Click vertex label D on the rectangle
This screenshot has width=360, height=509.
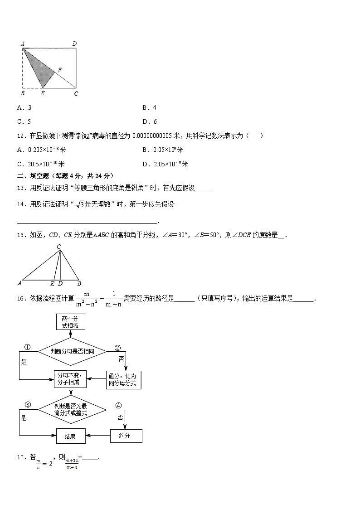tap(75, 44)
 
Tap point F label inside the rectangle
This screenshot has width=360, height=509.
tap(60, 70)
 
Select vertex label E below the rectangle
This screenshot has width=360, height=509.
tap(43, 93)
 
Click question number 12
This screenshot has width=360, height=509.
tap(21, 136)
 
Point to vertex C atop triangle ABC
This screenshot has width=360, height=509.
tap(59, 247)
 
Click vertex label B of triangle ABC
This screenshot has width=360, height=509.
tap(79, 284)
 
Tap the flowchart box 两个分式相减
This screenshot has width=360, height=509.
tap(70, 322)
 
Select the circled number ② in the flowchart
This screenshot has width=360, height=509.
tap(117, 348)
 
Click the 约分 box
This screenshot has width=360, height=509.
tap(126, 436)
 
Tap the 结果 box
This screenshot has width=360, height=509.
tap(70, 436)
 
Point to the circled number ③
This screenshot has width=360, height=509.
tap(27, 405)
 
